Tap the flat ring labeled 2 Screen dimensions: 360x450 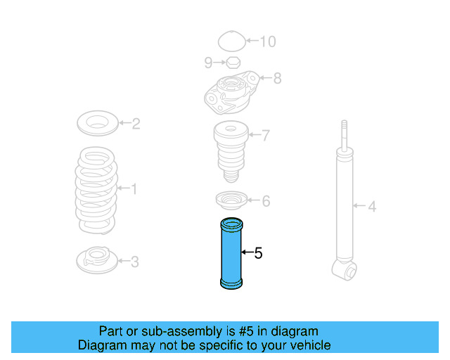pos(96,124)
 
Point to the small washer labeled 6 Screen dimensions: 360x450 pos(229,202)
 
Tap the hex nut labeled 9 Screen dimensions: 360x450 pos(233,63)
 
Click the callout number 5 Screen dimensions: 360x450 pos(258,253)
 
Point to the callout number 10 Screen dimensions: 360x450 pos(268,41)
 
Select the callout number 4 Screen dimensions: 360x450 pos(373,207)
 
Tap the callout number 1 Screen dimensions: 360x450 pos(134,188)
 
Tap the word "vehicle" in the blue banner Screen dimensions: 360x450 pos(310,345)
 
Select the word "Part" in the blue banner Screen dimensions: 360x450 pos(111,331)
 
